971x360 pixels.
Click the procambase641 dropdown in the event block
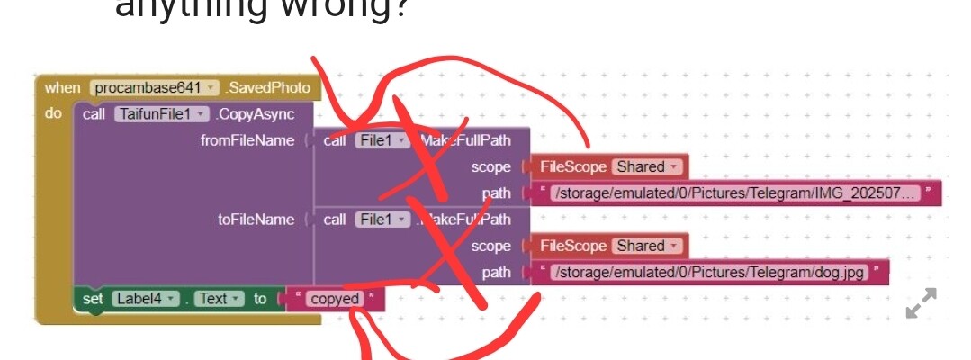point(155,88)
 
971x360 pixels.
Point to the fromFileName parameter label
point(247,140)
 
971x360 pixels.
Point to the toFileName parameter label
point(256,220)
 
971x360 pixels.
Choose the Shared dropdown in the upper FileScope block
point(647,166)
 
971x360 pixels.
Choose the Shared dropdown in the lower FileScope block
point(647,246)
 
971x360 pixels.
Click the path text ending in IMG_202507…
point(736,193)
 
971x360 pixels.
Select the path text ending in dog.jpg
point(710,273)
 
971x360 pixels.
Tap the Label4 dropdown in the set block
point(144,299)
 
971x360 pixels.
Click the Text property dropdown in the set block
point(220,299)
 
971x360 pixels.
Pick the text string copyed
point(334,299)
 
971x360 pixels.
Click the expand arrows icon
point(921,303)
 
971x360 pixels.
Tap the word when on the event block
point(62,88)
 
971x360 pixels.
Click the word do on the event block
point(54,114)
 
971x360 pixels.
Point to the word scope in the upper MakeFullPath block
point(490,166)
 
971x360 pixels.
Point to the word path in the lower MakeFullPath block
point(496,273)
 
